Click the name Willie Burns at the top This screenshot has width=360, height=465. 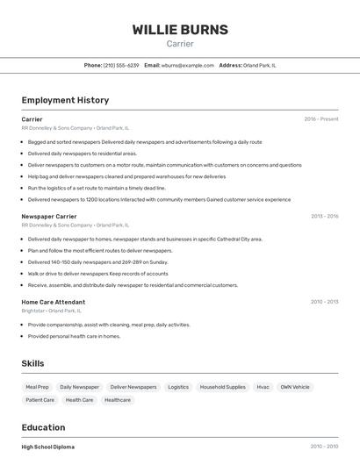click(x=180, y=29)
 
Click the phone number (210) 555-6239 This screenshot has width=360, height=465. click(x=121, y=65)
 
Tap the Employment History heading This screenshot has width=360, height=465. click(x=65, y=100)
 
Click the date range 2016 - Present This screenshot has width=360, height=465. click(x=320, y=118)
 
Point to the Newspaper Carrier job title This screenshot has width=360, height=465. click(x=49, y=216)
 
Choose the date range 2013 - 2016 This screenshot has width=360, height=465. click(x=324, y=216)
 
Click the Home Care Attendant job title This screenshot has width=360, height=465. click(x=54, y=302)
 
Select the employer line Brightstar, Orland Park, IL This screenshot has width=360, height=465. click(x=51, y=311)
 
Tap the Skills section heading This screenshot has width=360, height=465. click(x=32, y=363)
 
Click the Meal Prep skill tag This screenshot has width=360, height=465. click(x=38, y=387)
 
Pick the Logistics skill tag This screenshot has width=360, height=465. click(x=178, y=387)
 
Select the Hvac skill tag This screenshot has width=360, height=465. click(x=263, y=387)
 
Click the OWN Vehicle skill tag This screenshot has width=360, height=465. click(x=295, y=387)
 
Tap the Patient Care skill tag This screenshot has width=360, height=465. click(x=40, y=400)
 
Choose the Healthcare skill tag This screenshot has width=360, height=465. click(x=118, y=400)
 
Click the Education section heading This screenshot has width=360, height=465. click(x=44, y=427)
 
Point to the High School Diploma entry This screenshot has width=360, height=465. click(x=48, y=447)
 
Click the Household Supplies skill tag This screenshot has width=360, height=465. click(x=223, y=387)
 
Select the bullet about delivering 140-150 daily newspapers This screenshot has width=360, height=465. click(x=97, y=261)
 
